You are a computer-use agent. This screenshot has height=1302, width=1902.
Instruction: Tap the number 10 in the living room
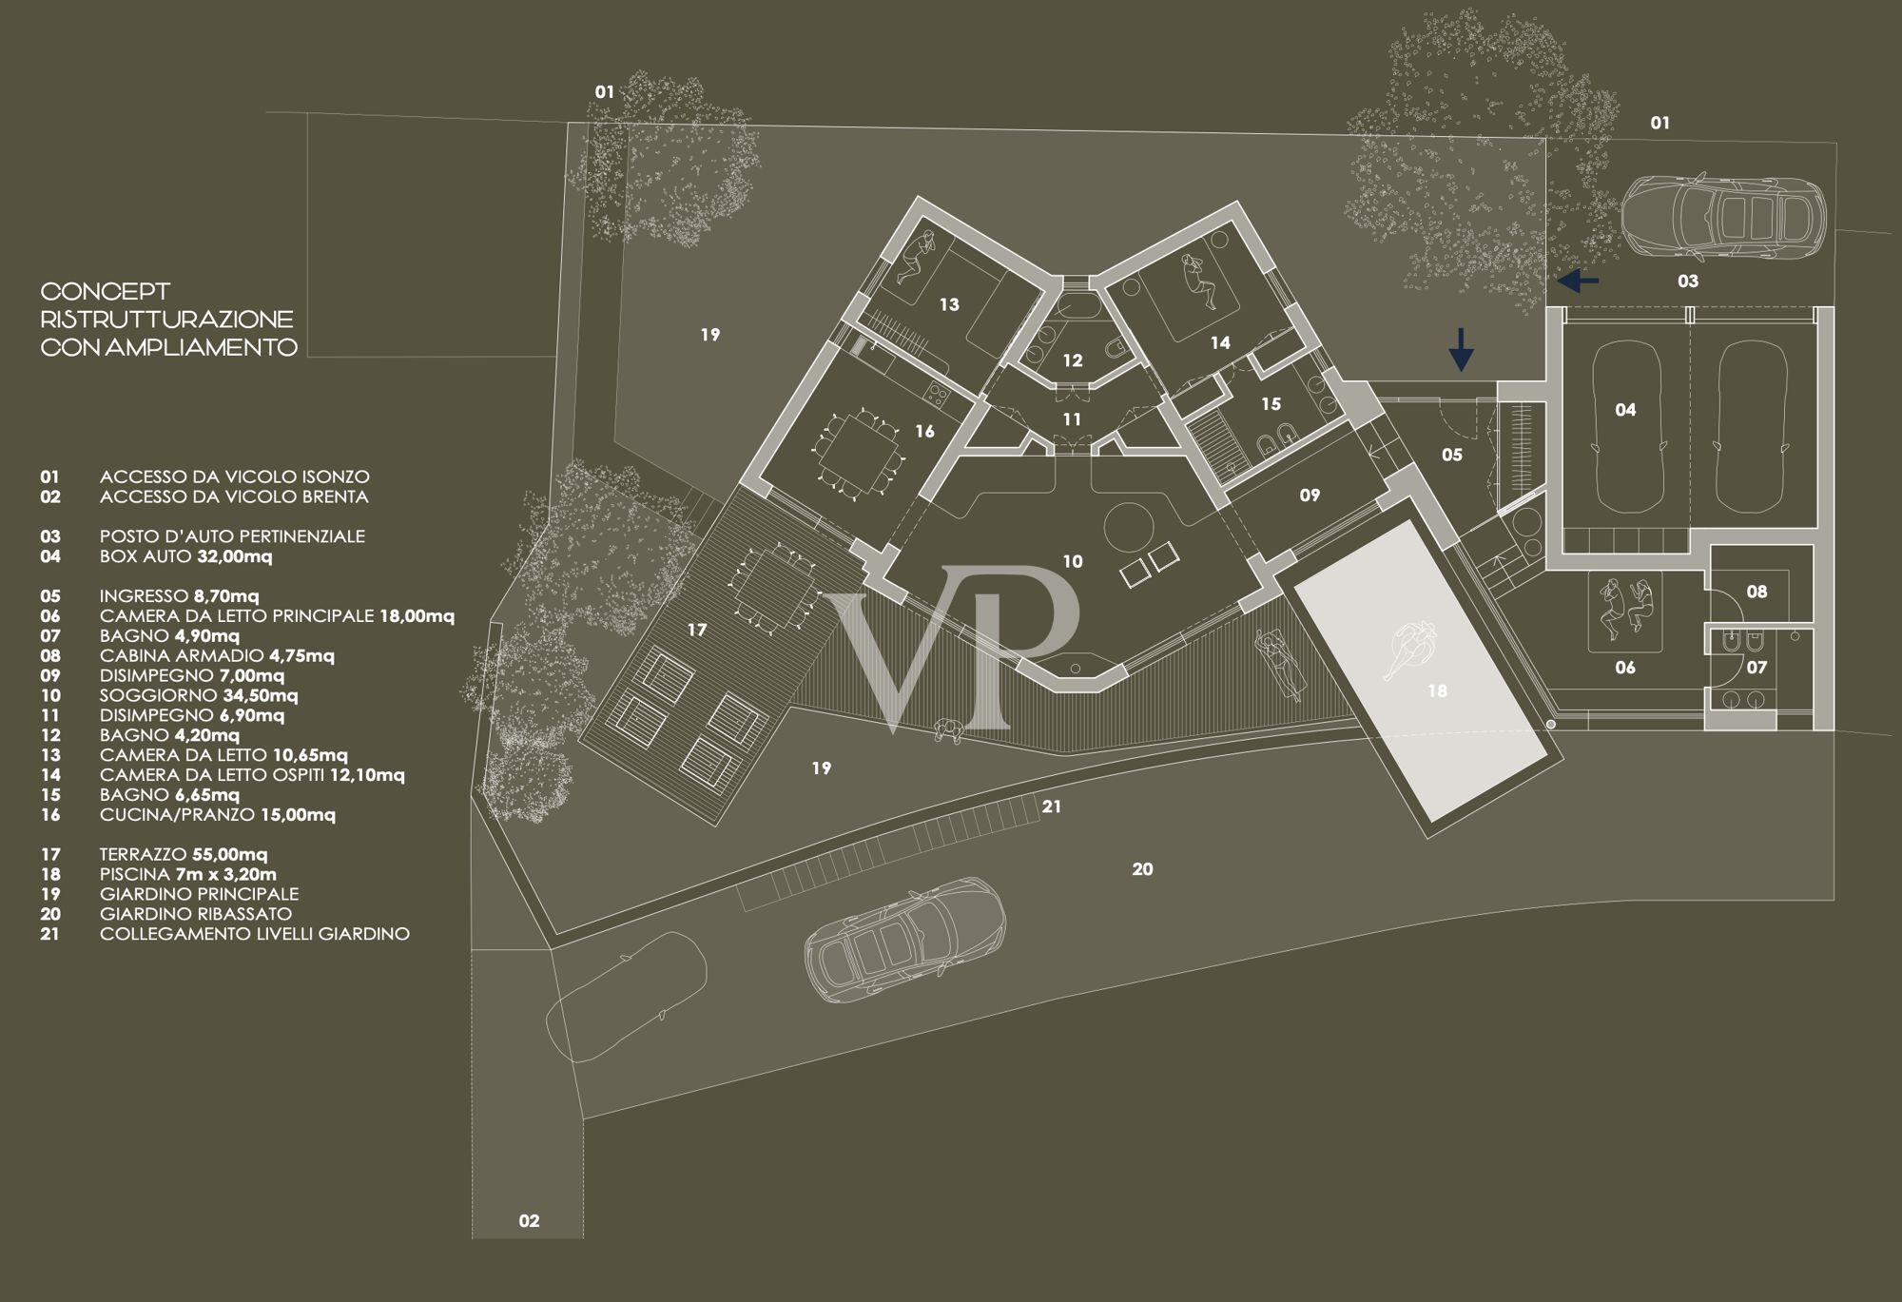click(1073, 562)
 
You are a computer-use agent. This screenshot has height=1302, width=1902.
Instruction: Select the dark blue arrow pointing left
click(1578, 281)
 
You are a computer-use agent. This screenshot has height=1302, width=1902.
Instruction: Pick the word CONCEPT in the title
click(106, 291)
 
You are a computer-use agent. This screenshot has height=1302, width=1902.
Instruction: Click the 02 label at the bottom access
click(529, 1221)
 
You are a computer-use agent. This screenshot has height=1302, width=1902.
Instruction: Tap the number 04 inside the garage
click(1625, 410)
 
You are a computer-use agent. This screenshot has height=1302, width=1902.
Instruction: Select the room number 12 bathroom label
click(1073, 360)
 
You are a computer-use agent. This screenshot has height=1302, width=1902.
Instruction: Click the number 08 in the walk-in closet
click(1756, 592)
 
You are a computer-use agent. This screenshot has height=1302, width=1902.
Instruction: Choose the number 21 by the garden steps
click(1051, 806)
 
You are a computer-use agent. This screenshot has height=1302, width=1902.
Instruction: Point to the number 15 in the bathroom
click(1271, 404)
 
